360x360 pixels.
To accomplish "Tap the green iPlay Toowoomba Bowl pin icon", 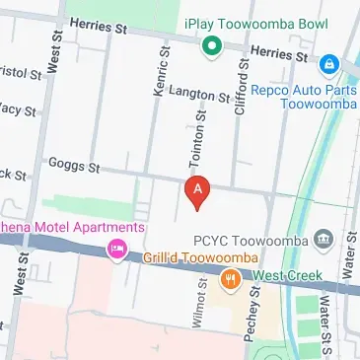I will point(210,44).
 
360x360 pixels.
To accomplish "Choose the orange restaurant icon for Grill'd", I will point(231,280).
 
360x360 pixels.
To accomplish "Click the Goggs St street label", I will point(75,168).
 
